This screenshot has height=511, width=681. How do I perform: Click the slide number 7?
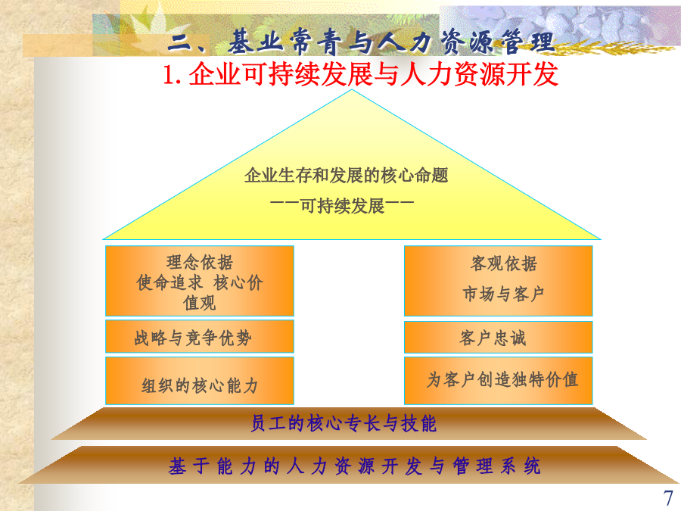(x=668, y=497)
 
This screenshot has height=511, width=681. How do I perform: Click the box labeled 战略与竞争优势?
(x=199, y=336)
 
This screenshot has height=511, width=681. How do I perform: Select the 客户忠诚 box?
(x=498, y=337)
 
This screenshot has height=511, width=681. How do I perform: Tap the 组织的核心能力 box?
(x=199, y=381)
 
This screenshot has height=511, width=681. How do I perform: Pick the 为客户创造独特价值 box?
(x=498, y=381)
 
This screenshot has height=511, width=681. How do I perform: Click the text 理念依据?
(x=199, y=263)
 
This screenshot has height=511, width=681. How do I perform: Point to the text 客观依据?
(x=503, y=263)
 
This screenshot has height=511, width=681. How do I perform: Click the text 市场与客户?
(x=503, y=294)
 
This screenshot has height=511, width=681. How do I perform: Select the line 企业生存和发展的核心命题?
(x=346, y=176)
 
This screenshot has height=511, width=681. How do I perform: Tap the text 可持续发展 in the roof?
(x=342, y=205)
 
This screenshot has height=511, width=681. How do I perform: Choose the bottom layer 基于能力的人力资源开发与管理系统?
(x=349, y=465)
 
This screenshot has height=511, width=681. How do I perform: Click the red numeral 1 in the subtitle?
(x=169, y=75)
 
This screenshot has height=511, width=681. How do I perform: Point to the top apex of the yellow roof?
(x=352, y=90)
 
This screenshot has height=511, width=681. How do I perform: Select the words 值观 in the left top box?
(x=199, y=303)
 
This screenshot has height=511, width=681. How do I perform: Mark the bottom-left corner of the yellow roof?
(x=103, y=239)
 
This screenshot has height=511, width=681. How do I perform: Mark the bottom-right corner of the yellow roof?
(x=601, y=239)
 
